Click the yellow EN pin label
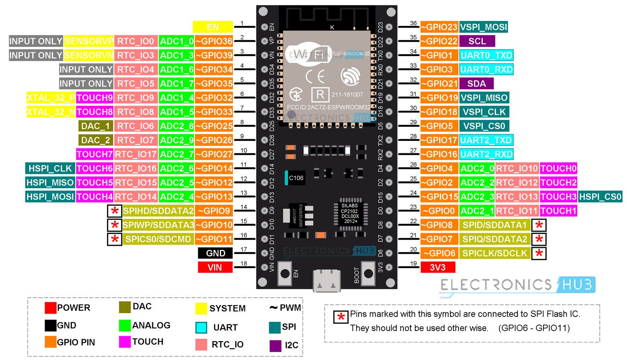point(212,27)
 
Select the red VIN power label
point(215,268)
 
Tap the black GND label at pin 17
point(215,253)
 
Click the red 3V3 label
point(438,268)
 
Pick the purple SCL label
point(477,41)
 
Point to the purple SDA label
point(477,84)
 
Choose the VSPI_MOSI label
point(484,27)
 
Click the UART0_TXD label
point(486,55)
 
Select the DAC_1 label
point(96,126)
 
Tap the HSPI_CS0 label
point(600,197)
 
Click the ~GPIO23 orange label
point(439,27)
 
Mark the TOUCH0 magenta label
point(558,169)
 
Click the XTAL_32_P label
point(51,98)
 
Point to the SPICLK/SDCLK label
point(495,253)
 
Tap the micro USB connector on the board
point(326,280)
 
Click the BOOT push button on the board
point(368,273)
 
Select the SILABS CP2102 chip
point(350,213)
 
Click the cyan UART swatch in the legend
point(201,327)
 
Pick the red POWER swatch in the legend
point(51,308)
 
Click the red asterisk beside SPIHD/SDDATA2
point(115,211)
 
